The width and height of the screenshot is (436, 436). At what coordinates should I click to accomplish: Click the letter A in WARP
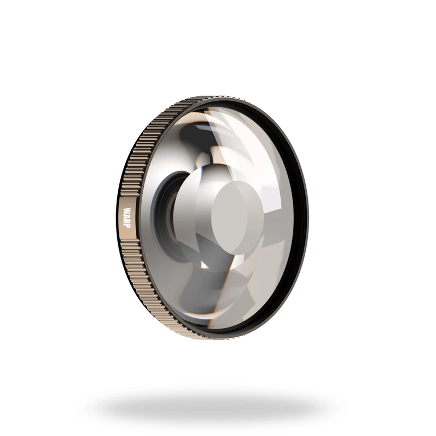point(127,216)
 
